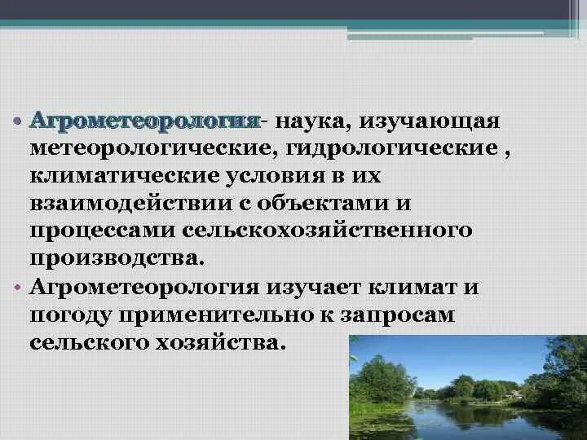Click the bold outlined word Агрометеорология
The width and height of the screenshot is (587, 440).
pos(144,121)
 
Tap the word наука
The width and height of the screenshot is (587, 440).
pos(311,121)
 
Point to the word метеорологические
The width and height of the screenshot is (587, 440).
pos(147,149)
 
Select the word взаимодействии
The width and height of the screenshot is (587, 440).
pos(130,203)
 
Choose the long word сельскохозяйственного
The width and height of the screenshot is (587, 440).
pos(327,231)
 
